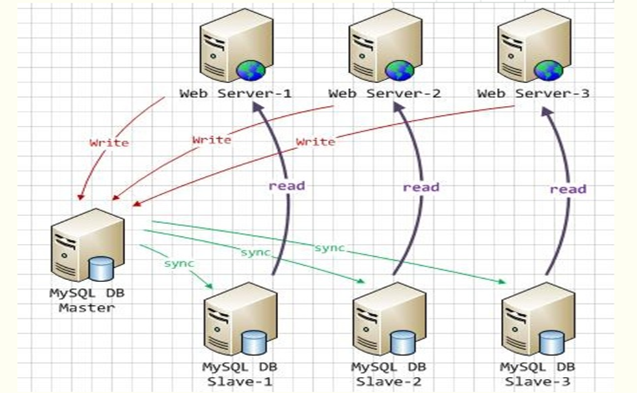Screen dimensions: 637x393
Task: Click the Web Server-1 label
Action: [x=236, y=94]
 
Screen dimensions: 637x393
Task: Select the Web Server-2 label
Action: [x=384, y=94]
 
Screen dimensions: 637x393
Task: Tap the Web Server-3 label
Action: [x=533, y=94]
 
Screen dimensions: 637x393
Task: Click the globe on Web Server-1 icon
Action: [x=250, y=70]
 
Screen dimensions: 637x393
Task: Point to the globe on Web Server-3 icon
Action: [x=549, y=70]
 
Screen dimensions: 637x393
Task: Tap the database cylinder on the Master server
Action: [x=101, y=268]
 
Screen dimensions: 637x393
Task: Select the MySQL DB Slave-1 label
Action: [x=239, y=374]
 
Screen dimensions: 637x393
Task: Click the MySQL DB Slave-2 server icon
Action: [x=389, y=319]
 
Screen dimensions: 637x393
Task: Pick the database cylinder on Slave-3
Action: [x=551, y=343]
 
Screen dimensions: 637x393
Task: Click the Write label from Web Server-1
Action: [x=109, y=143]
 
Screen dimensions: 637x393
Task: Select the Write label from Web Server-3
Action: [x=316, y=142]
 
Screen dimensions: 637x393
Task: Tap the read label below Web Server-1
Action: [x=287, y=186]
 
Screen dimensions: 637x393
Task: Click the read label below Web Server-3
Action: [x=568, y=189]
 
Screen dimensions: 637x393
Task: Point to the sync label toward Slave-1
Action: [x=179, y=263]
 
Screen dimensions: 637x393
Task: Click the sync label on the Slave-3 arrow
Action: [x=329, y=248]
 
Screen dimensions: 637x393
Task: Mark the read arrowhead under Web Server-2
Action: [x=398, y=107]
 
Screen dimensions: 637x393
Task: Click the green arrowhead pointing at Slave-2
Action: [x=361, y=281]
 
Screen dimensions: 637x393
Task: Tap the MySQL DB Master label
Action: [x=87, y=300]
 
